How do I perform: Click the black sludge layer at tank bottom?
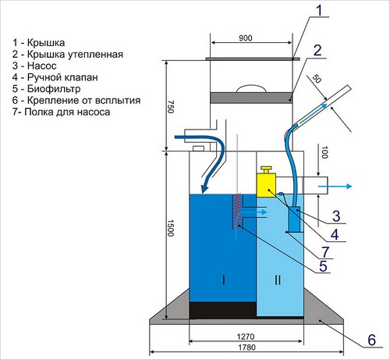pyautogui.click(x=224, y=310)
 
